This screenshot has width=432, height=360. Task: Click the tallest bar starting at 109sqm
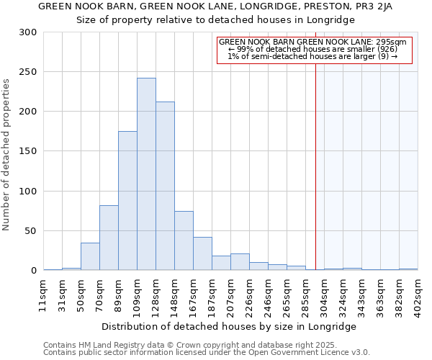[x=146, y=174]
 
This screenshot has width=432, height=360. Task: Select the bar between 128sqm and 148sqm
[x=165, y=186]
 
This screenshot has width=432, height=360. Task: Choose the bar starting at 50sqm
[x=90, y=256]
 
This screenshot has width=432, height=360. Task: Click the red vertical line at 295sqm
[x=315, y=158]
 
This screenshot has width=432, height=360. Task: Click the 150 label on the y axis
[x=27, y=152]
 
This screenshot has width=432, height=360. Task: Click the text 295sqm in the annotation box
[x=392, y=42]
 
